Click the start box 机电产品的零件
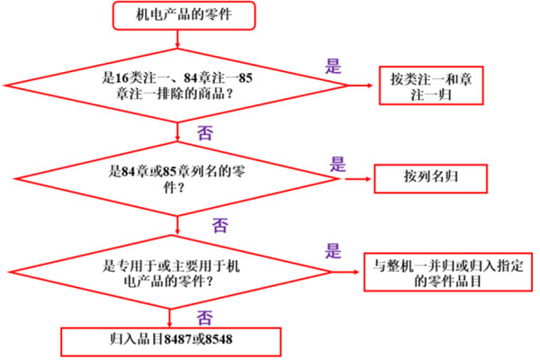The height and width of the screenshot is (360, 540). [x=184, y=15]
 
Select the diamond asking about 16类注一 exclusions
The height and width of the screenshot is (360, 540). [x=176, y=85]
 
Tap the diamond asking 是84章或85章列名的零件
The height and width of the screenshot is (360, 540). [x=177, y=179]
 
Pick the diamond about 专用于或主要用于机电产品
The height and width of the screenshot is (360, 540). [x=171, y=272]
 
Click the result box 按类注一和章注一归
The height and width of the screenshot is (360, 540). [x=431, y=85]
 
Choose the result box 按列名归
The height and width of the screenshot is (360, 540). [x=431, y=178]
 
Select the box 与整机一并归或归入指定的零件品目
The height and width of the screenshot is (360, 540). [x=448, y=272]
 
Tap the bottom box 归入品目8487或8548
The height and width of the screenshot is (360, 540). [x=171, y=342]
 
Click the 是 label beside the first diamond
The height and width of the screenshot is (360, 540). [x=333, y=66]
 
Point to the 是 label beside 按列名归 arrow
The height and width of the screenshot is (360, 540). [x=337, y=164]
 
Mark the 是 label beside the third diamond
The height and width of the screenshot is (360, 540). [x=333, y=251]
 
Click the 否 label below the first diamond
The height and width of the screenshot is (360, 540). [x=205, y=132]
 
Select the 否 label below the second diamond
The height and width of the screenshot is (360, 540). [x=220, y=225]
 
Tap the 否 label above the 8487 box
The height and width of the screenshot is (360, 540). [x=205, y=318]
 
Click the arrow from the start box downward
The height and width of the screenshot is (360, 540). [x=177, y=39]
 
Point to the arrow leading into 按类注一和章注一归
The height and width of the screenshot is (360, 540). [x=361, y=85]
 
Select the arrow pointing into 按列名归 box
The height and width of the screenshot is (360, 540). [x=358, y=179]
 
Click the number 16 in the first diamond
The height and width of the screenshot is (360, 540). [x=121, y=78]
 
